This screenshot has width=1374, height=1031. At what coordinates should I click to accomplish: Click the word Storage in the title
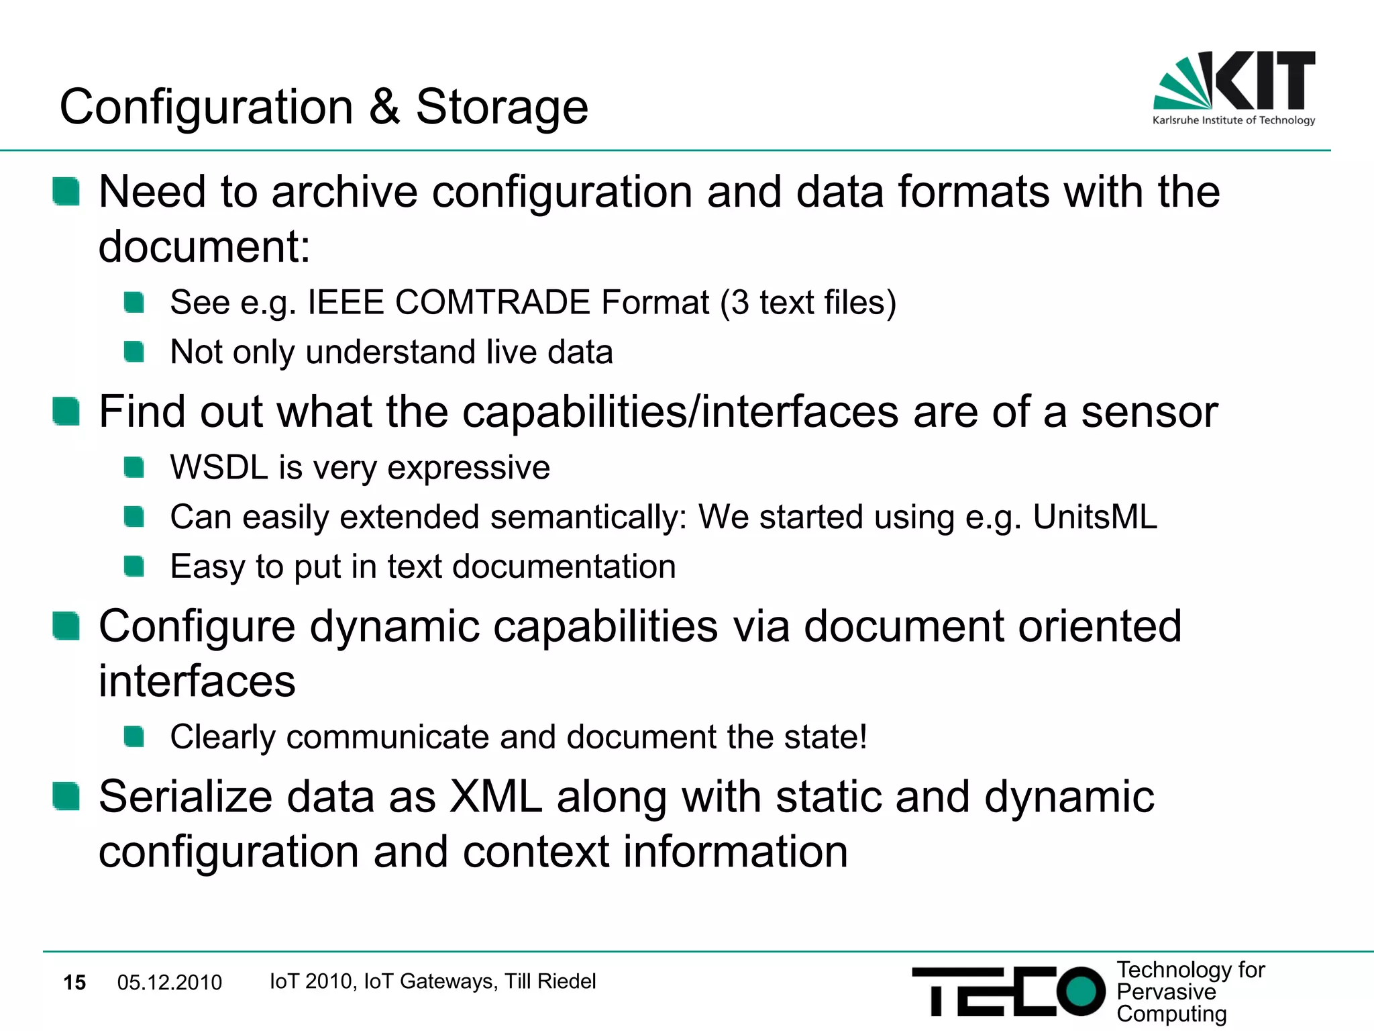(x=502, y=107)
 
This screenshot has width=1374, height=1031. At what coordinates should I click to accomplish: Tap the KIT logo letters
(x=1265, y=81)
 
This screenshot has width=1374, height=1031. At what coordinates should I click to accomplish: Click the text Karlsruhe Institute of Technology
(x=1234, y=121)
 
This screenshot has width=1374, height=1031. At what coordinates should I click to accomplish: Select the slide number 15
(x=74, y=983)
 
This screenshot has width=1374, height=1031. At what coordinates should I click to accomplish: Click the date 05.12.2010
(x=169, y=983)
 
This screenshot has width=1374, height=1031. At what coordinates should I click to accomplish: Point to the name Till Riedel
(x=550, y=981)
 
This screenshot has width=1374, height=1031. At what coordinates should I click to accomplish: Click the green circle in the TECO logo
(x=1080, y=991)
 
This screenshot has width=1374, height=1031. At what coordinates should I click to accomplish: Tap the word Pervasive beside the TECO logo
(x=1166, y=991)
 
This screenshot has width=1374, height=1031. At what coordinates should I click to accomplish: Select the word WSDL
(x=219, y=467)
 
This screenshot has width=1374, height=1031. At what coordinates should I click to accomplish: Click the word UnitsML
(x=1095, y=517)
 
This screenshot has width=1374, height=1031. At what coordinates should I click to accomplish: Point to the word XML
(x=496, y=797)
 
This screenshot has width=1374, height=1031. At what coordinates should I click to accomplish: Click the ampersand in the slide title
(x=384, y=107)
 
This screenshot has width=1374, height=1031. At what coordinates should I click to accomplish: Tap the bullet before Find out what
(x=66, y=411)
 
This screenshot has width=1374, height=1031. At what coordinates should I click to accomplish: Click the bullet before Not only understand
(x=134, y=352)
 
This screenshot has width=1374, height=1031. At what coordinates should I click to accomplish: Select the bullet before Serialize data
(x=66, y=796)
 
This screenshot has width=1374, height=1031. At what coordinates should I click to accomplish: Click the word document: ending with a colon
(x=205, y=247)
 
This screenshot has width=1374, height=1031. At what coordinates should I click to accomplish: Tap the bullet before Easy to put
(x=134, y=567)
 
